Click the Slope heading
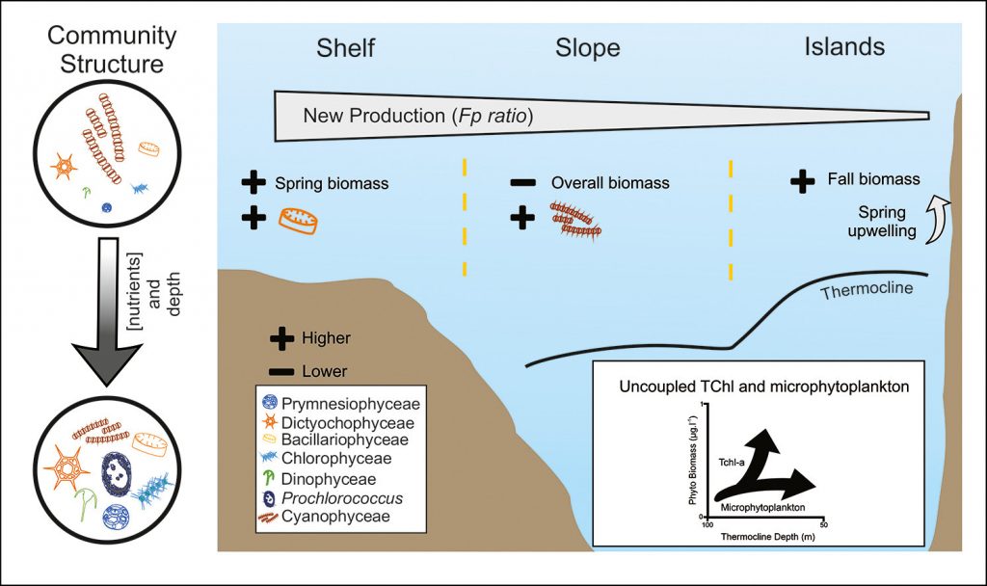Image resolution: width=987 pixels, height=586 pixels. pos(587,48)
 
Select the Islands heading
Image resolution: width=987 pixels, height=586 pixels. pos(844,46)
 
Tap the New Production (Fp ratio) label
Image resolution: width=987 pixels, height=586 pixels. pos(418,117)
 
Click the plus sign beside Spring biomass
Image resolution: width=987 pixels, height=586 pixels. pos(253,183)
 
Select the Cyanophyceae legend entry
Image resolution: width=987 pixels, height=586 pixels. pos(328,516)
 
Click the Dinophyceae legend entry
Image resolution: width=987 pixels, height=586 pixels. pos(328,478)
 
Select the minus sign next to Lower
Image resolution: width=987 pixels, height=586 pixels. pos(281,371)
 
